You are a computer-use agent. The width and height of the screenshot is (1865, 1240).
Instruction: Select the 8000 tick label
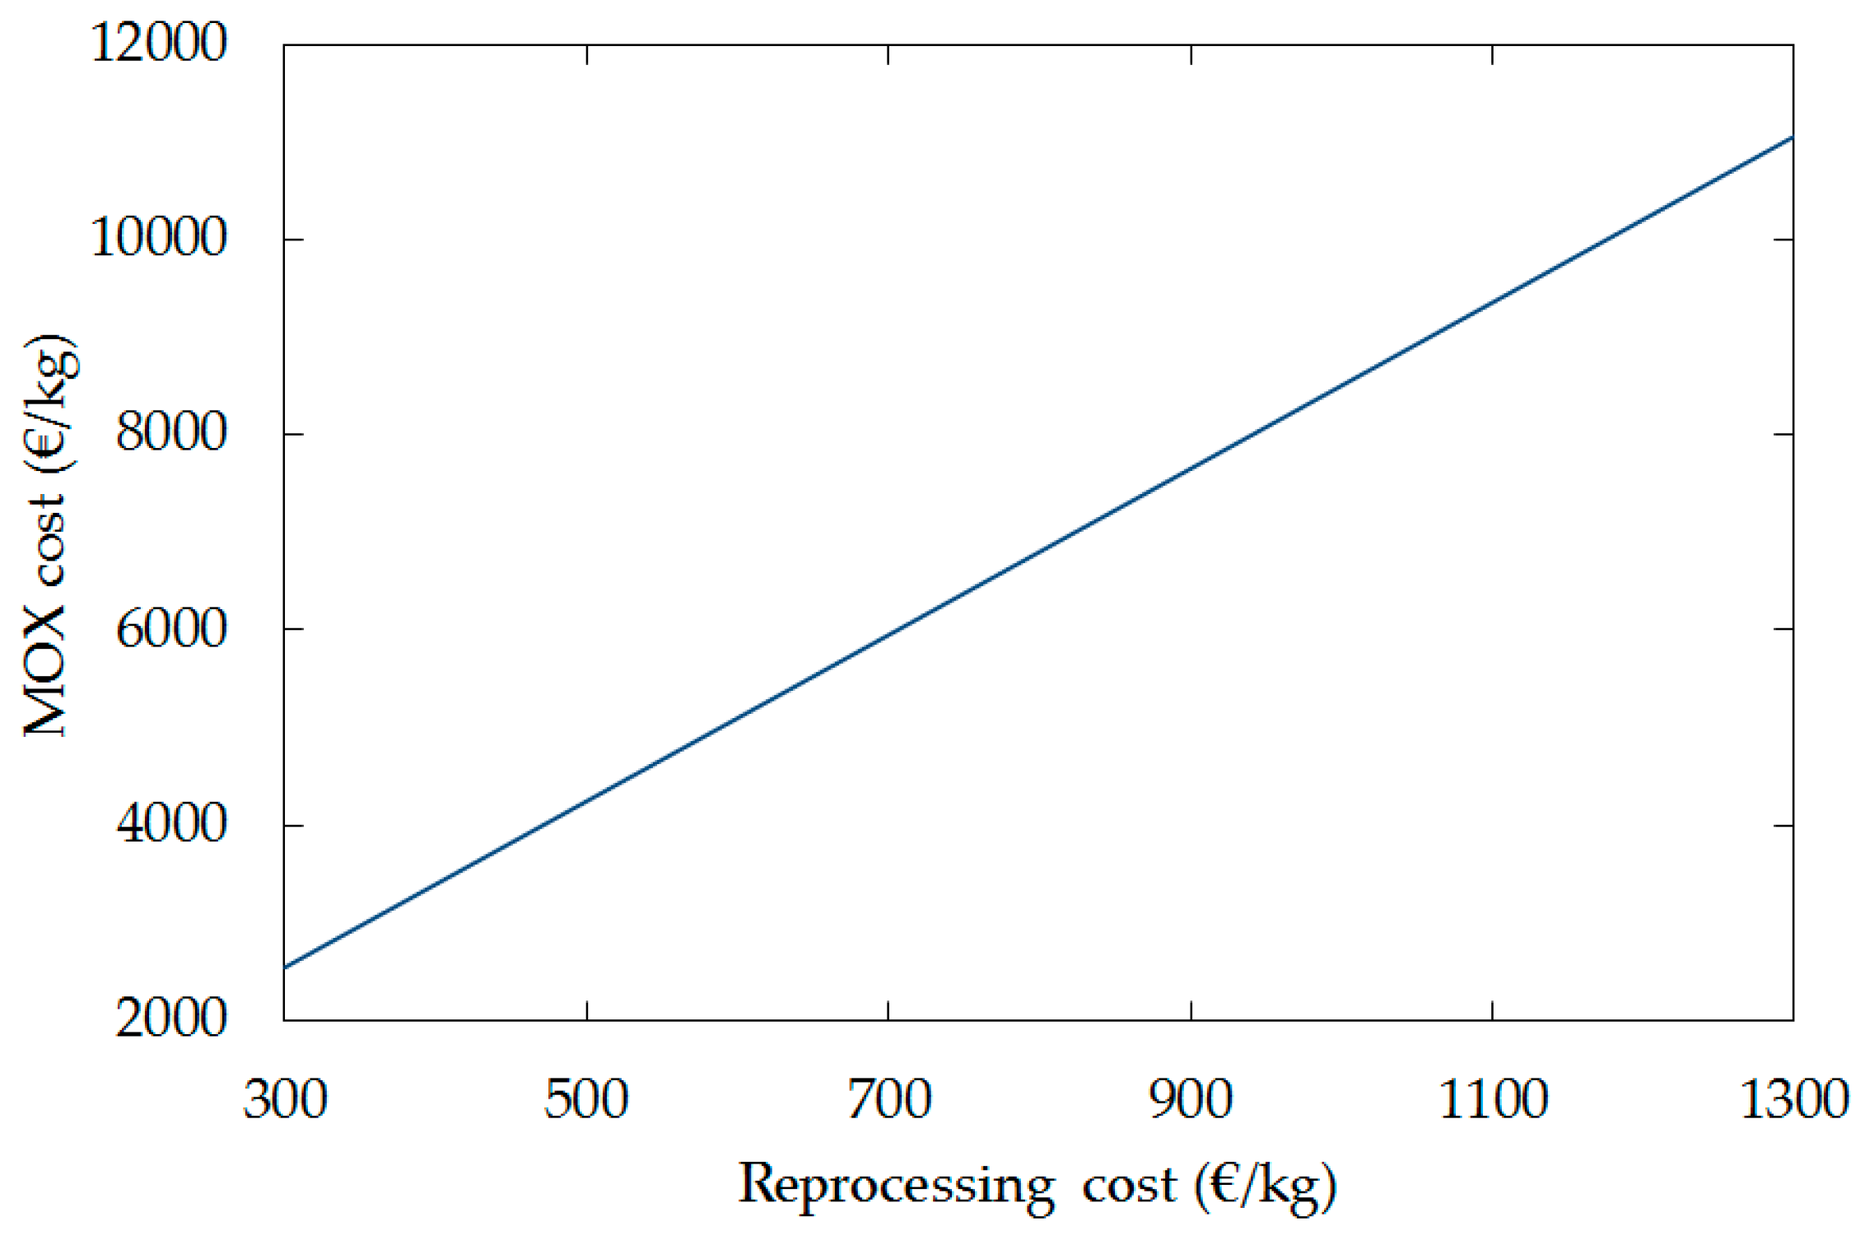(170, 432)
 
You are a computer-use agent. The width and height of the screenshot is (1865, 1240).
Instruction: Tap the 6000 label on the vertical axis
(170, 630)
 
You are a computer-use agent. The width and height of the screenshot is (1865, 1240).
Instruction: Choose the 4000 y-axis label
(170, 823)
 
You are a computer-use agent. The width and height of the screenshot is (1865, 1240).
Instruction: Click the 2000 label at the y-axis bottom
(170, 1019)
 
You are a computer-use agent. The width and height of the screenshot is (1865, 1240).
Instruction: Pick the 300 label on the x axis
(285, 1100)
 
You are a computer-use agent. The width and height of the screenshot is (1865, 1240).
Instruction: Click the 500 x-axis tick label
(586, 1100)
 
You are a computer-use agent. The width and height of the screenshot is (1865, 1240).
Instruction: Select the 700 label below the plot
(888, 1100)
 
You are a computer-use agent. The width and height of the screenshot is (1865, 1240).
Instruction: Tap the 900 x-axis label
(1191, 1100)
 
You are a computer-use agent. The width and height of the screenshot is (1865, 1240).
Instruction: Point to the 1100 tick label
(1493, 1100)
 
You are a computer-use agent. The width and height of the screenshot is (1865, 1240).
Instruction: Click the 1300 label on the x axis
(1794, 1100)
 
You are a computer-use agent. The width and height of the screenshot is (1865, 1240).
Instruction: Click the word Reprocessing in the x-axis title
(896, 1186)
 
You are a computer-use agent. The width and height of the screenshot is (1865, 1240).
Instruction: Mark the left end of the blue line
(285, 967)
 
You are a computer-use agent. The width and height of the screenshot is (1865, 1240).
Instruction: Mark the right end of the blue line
(1793, 138)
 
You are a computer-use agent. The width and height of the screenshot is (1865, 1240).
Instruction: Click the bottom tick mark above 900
(1191, 1011)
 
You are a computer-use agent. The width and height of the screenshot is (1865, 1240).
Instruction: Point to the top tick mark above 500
(587, 54)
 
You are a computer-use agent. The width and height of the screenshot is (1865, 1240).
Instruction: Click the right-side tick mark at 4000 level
(1783, 824)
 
